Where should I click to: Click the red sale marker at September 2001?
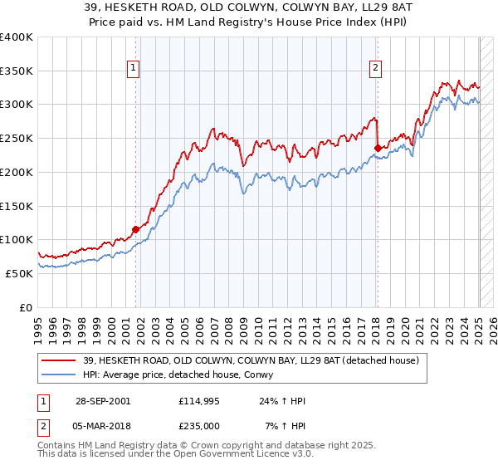(136, 229)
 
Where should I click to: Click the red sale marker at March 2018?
(377, 148)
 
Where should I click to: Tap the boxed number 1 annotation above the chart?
(134, 69)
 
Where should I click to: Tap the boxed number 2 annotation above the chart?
(375, 69)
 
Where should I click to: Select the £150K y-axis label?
(17, 205)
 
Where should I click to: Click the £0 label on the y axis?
(26, 307)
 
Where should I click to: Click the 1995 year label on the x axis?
(38, 326)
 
